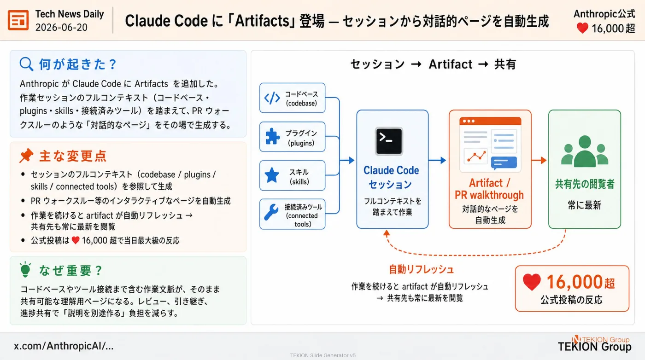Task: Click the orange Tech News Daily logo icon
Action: (x=18, y=20)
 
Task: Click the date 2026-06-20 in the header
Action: (x=61, y=28)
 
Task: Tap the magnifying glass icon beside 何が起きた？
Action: (x=26, y=64)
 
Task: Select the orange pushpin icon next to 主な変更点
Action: (x=27, y=156)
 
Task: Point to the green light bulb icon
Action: (x=25, y=269)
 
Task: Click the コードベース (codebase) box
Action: (x=292, y=98)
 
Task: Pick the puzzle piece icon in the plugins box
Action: (x=272, y=136)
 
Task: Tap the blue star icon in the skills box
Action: (x=272, y=175)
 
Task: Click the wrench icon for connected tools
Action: (x=271, y=212)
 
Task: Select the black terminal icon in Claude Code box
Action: (x=389, y=141)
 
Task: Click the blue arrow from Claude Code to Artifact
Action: (x=437, y=160)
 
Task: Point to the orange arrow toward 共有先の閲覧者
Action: (x=539, y=160)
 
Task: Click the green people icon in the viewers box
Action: (x=585, y=151)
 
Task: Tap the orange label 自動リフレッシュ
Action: (x=421, y=270)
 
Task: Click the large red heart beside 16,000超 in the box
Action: (x=532, y=282)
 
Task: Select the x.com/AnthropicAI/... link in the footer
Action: (x=64, y=346)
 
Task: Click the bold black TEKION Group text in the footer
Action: (x=594, y=347)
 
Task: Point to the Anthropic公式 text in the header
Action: (x=604, y=14)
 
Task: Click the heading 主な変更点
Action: (x=73, y=156)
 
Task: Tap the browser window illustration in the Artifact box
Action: (x=490, y=145)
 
